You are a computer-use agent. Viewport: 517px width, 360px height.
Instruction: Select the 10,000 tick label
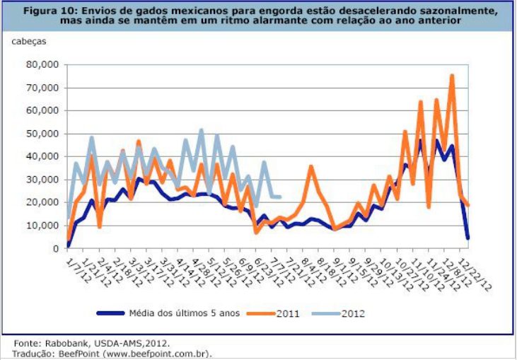click(42, 226)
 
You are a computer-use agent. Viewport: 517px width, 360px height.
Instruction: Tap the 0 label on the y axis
click(54, 249)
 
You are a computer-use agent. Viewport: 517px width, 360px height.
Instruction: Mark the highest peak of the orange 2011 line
click(452, 76)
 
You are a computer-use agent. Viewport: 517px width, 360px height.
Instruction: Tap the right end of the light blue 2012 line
click(280, 197)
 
